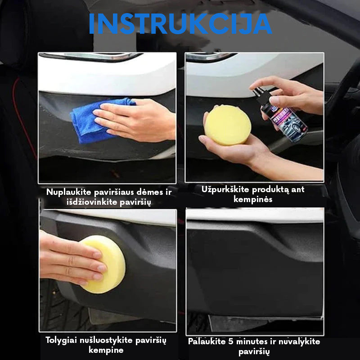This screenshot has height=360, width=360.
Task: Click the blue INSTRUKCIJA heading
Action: [x=180, y=24]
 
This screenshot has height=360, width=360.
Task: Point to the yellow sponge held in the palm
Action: [x=228, y=125]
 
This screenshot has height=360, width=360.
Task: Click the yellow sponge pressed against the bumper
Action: [x=104, y=264]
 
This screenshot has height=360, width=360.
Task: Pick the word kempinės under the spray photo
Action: [x=253, y=199]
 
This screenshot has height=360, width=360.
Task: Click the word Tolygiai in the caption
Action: [x=61, y=341]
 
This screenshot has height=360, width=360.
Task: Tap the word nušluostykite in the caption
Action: [x=106, y=340]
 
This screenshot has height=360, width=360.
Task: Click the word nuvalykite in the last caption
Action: [x=299, y=342]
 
